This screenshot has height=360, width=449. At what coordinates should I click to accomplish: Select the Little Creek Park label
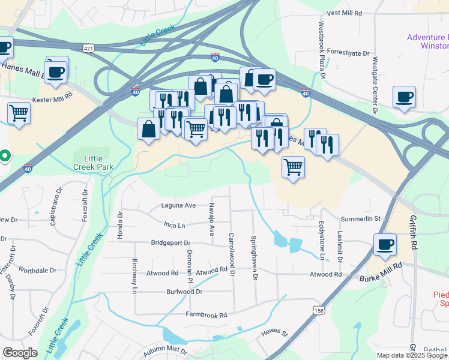(x=92, y=162)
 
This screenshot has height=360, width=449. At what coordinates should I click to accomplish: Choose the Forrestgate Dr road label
(x=349, y=53)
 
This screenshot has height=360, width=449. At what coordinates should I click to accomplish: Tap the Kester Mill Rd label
(x=52, y=95)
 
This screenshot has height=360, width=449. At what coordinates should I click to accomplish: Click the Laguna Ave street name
(x=178, y=205)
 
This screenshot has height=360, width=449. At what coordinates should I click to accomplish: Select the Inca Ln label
(x=174, y=225)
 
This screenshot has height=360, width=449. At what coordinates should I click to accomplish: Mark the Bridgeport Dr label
(x=170, y=243)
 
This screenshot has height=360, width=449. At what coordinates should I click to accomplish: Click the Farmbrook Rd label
(x=206, y=314)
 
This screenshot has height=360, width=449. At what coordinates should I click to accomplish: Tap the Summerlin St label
(x=361, y=219)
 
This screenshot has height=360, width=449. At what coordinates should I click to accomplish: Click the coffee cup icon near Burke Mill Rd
(x=384, y=244)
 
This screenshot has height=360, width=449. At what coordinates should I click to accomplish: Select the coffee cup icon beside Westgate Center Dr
(x=404, y=96)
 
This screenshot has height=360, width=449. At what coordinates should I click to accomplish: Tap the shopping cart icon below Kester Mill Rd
(x=19, y=112)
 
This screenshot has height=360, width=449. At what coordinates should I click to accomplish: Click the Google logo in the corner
(x=20, y=353)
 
